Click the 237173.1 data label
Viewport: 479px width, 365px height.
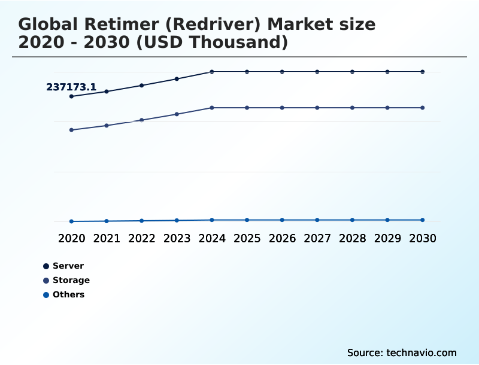click(x=71, y=87)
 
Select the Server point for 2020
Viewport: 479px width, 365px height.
click(x=71, y=96)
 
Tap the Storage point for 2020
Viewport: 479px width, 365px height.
click(x=71, y=130)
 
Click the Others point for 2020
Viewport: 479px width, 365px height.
click(x=71, y=221)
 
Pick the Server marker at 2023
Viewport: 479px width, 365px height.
click(x=177, y=79)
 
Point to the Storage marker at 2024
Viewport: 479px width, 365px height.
click(x=212, y=108)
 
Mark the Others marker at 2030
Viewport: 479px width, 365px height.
click(x=422, y=220)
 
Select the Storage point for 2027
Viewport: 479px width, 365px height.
click(x=317, y=108)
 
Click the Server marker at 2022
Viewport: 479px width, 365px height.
click(x=142, y=86)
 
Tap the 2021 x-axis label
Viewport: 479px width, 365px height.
click(x=107, y=239)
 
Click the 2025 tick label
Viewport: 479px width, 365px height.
click(x=247, y=239)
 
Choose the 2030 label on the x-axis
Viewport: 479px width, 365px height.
click(x=422, y=239)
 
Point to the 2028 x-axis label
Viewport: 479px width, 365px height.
click(x=352, y=239)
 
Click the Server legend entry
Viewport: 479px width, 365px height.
click(x=68, y=266)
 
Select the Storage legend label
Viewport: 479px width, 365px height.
click(x=71, y=280)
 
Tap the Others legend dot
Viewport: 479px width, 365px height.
click(x=46, y=295)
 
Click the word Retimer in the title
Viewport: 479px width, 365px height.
click(x=118, y=25)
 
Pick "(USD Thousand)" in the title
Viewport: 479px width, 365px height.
click(x=222, y=43)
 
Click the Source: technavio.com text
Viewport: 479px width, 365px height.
click(x=402, y=352)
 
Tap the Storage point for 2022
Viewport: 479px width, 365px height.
click(x=142, y=120)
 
